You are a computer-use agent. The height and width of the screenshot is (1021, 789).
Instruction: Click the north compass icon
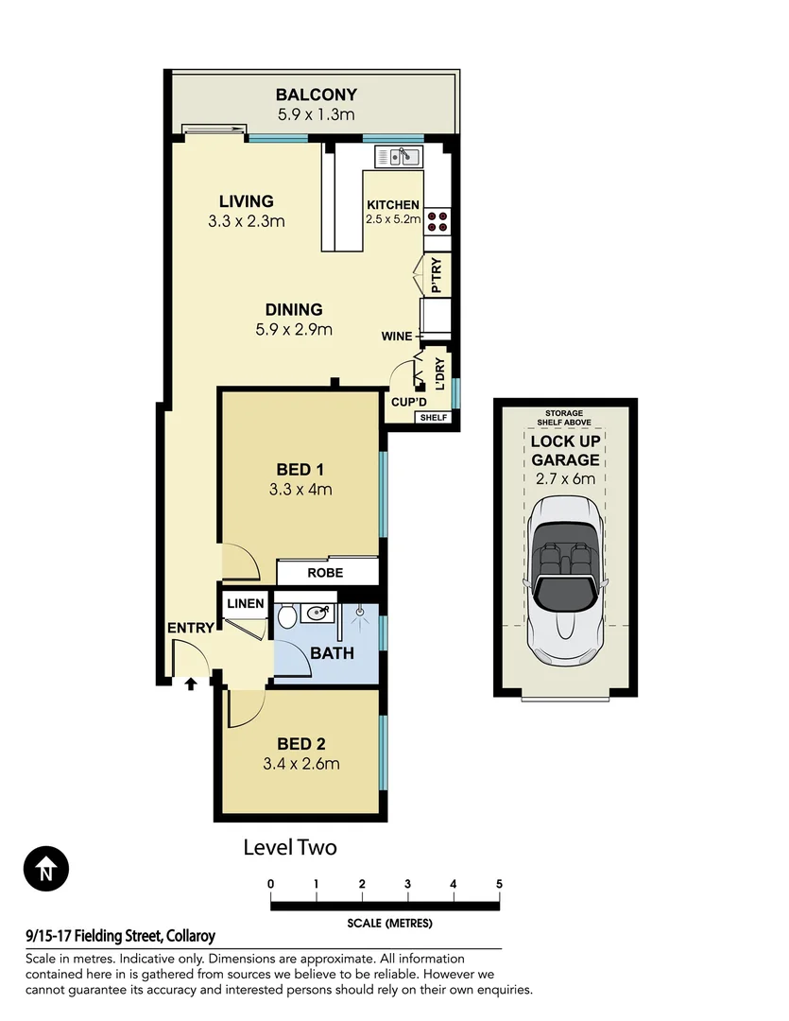pos(46,868)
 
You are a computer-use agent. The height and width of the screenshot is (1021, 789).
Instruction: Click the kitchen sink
pos(399,156)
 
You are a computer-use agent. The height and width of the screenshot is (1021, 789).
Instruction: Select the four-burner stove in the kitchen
pos(437,221)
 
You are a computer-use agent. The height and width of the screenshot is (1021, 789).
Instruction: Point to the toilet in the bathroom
pos(286,618)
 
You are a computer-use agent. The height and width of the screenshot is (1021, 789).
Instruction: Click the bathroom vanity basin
pos(318,614)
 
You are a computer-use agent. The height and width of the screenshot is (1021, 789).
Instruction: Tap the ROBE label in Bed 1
pos(324,573)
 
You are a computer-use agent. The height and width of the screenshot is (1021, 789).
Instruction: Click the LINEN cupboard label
pos(246,603)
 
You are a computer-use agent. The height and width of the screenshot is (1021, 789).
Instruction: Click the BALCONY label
pos(316,95)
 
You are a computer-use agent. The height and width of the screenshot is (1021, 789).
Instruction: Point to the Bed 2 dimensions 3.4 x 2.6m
pos(300,764)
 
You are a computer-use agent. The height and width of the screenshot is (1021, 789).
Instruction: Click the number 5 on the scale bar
pos(499,884)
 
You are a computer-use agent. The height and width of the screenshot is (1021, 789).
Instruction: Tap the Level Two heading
pos(290,847)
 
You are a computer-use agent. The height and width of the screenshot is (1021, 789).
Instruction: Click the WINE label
pos(396,336)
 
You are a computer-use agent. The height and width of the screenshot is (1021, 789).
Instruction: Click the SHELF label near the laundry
pos(434,417)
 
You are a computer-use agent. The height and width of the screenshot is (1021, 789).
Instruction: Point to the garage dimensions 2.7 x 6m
pos(564,478)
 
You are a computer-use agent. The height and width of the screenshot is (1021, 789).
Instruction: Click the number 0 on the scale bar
pos(271,884)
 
